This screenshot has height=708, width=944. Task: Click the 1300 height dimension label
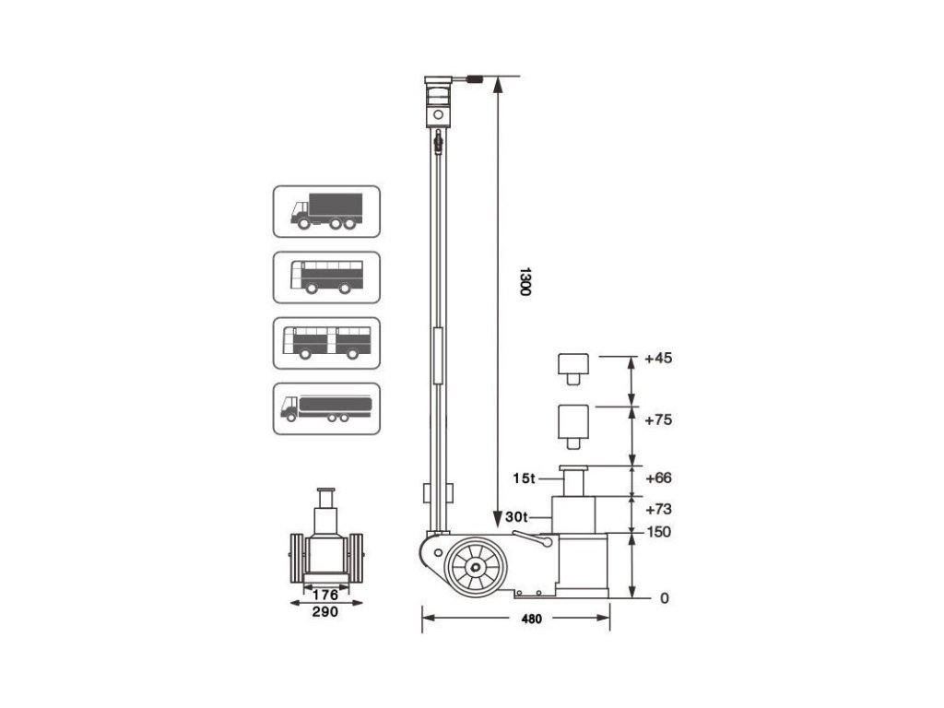[525, 281]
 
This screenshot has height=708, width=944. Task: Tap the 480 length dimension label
[530, 619]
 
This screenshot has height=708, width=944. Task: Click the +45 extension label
[659, 358]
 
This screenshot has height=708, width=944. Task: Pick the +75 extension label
[659, 419]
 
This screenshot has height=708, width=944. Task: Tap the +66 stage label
[659, 478]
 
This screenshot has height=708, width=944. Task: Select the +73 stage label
[659, 509]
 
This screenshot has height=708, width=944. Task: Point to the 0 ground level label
[664, 598]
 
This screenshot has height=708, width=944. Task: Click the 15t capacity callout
[524, 478]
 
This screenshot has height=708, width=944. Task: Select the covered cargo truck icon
[326, 211]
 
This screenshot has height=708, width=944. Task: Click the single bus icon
[326, 277]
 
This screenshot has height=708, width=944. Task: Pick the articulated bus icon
[326, 343]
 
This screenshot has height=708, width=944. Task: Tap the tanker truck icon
[326, 408]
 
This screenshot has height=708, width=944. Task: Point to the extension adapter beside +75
[573, 425]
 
